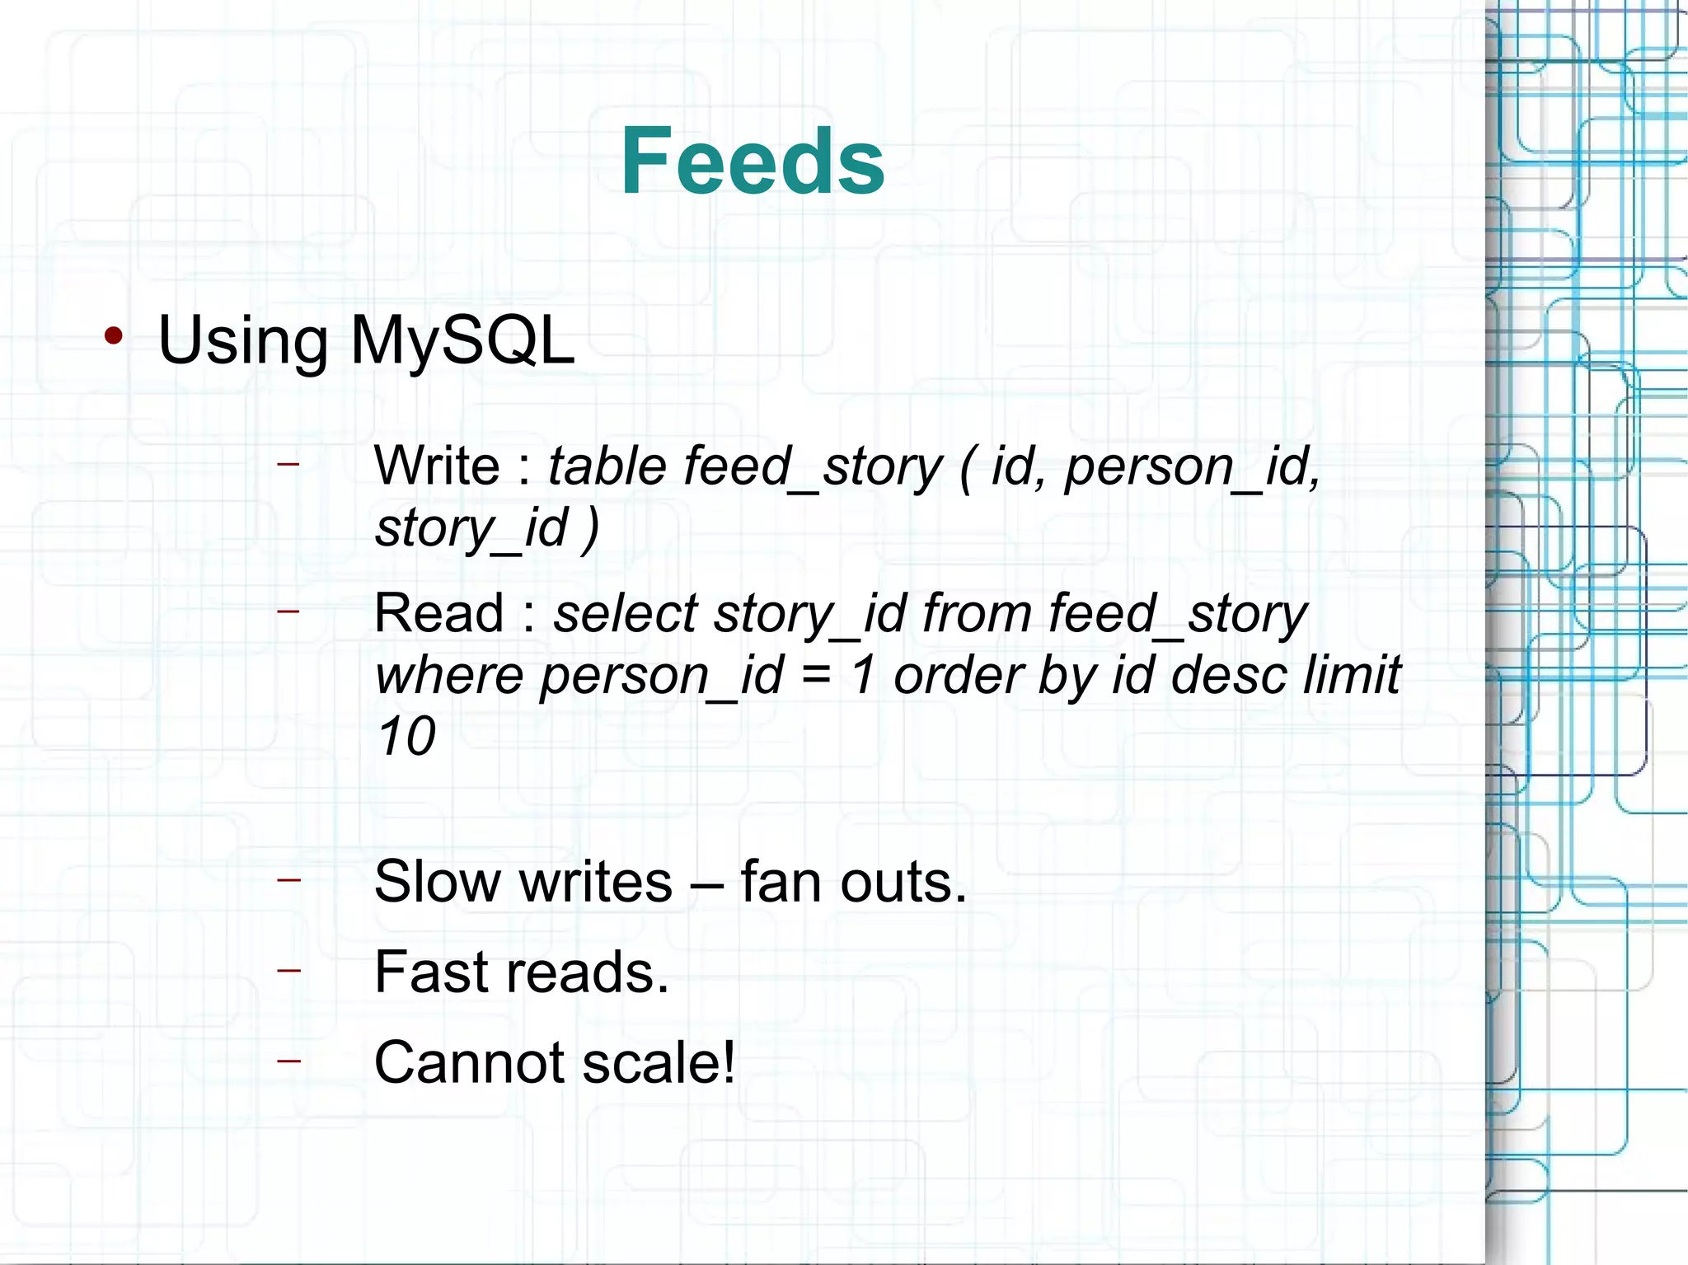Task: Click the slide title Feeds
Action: tap(752, 162)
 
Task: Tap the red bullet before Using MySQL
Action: tap(114, 335)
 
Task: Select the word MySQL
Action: tap(462, 340)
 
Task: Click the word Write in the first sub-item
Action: tap(437, 466)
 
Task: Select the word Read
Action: tap(438, 614)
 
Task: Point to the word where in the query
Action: tap(448, 676)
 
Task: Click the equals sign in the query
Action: tap(816, 676)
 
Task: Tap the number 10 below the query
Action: tap(406, 737)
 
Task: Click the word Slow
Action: tap(438, 882)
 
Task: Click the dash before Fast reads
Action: tap(288, 970)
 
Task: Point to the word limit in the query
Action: tap(1352, 676)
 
